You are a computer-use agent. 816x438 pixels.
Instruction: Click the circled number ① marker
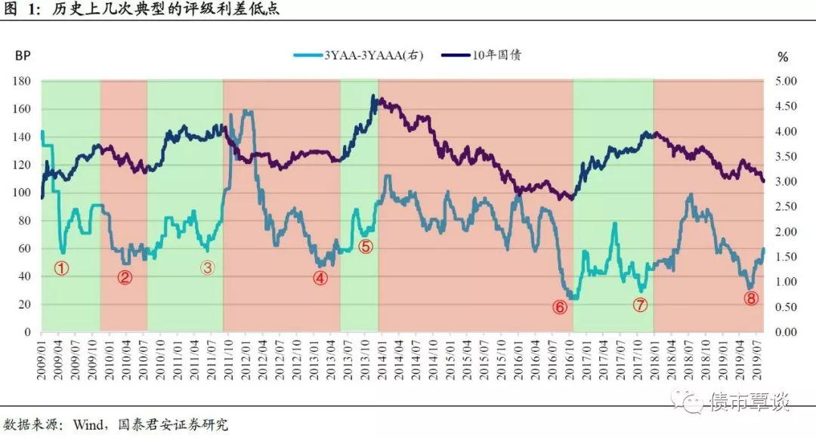[62, 267]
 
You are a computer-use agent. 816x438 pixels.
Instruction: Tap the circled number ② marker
[125, 276]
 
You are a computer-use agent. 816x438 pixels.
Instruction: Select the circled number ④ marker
[320, 277]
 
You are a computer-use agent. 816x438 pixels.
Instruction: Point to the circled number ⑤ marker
[366, 246]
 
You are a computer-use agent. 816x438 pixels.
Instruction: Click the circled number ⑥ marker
[560, 307]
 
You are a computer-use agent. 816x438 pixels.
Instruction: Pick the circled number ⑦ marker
[641, 305]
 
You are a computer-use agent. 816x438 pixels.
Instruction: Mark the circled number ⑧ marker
[750, 298]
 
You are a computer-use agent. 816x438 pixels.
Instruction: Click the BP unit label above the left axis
[22, 57]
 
